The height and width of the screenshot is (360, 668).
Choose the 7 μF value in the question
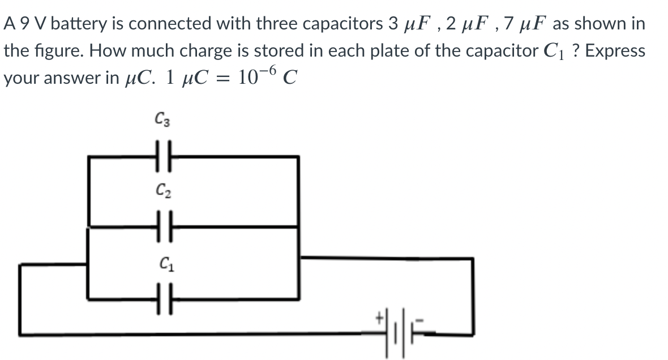click(523, 24)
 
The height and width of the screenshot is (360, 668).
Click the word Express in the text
click(615, 51)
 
